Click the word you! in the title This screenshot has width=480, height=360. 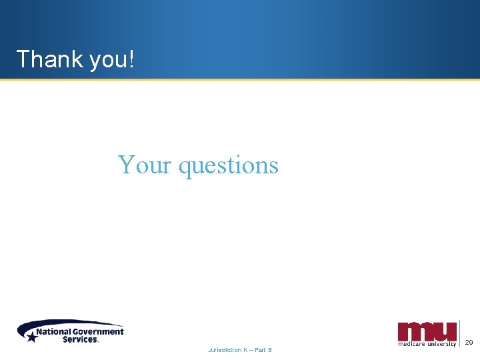tap(108, 61)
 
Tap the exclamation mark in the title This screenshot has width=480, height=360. tap(131, 59)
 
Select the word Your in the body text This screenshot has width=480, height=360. tap(145, 164)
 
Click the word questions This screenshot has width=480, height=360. tap(228, 166)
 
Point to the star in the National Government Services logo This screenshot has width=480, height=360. tap(31, 337)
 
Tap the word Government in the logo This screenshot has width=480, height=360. tap(100, 331)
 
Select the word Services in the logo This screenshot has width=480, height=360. tap(80, 339)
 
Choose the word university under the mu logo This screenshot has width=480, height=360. tap(441, 344)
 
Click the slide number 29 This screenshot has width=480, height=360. tap(469, 343)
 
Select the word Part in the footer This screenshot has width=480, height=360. tap(261, 350)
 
